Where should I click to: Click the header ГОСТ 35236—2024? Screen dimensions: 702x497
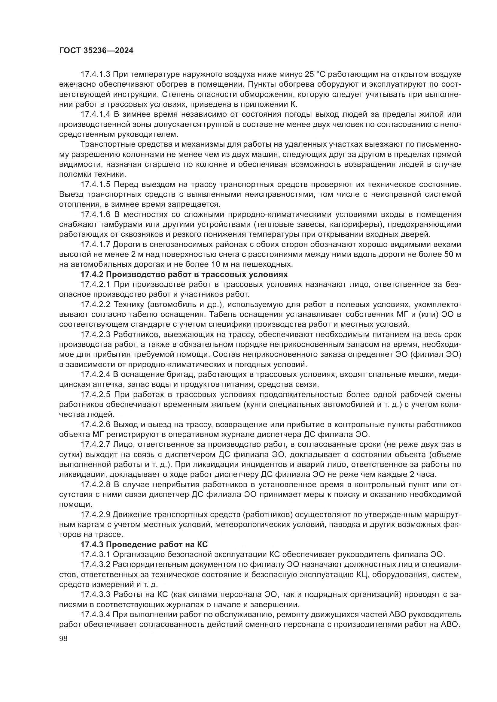96,51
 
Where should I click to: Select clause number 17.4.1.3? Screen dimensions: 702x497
95,74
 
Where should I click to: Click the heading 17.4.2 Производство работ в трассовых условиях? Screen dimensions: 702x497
184,274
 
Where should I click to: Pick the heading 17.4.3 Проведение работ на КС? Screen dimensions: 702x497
144,544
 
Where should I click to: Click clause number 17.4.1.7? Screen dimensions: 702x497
95,245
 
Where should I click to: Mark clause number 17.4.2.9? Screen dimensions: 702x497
95,515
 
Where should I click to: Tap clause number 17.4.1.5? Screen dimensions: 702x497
95,184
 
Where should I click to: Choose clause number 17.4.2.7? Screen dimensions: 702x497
95,444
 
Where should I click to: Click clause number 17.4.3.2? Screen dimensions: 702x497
95,565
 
